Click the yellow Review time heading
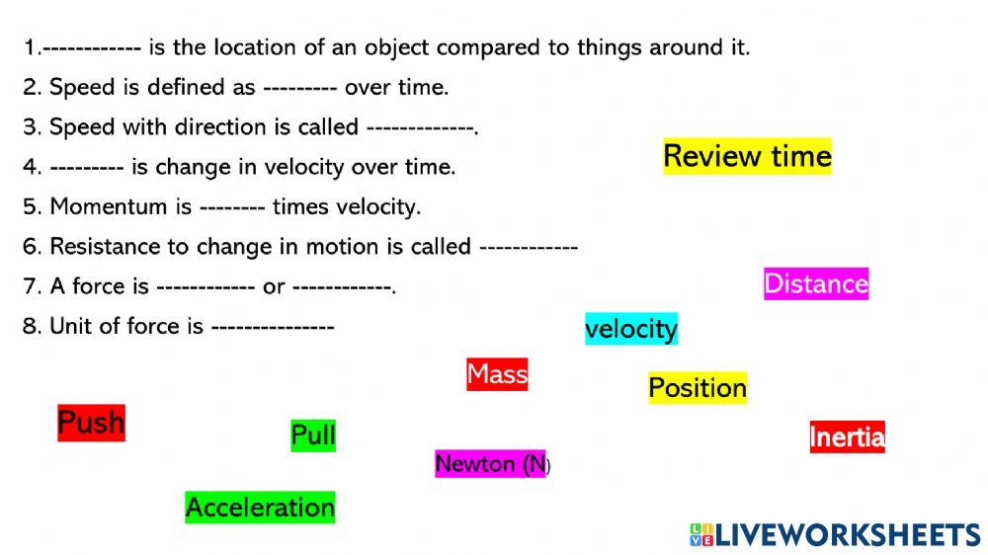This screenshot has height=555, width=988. pyautogui.click(x=747, y=156)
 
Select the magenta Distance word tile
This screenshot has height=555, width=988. pyautogui.click(x=816, y=284)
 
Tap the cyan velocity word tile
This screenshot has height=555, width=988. pyautogui.click(x=631, y=329)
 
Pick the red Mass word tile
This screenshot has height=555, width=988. pyautogui.click(x=497, y=374)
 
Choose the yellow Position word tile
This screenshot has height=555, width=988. pyautogui.click(x=698, y=388)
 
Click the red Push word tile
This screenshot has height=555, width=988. pyautogui.click(x=91, y=423)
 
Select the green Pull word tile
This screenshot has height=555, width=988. pyautogui.click(x=313, y=435)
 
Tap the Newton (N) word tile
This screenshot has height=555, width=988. pyautogui.click(x=491, y=463)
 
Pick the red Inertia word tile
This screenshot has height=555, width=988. pyautogui.click(x=847, y=436)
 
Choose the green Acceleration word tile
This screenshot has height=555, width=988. pyautogui.click(x=260, y=508)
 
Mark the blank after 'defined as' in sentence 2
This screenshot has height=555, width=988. pyautogui.click(x=300, y=88)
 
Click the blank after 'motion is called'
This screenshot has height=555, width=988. pyautogui.click(x=528, y=247)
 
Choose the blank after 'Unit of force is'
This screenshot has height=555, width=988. pyautogui.click(x=273, y=327)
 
